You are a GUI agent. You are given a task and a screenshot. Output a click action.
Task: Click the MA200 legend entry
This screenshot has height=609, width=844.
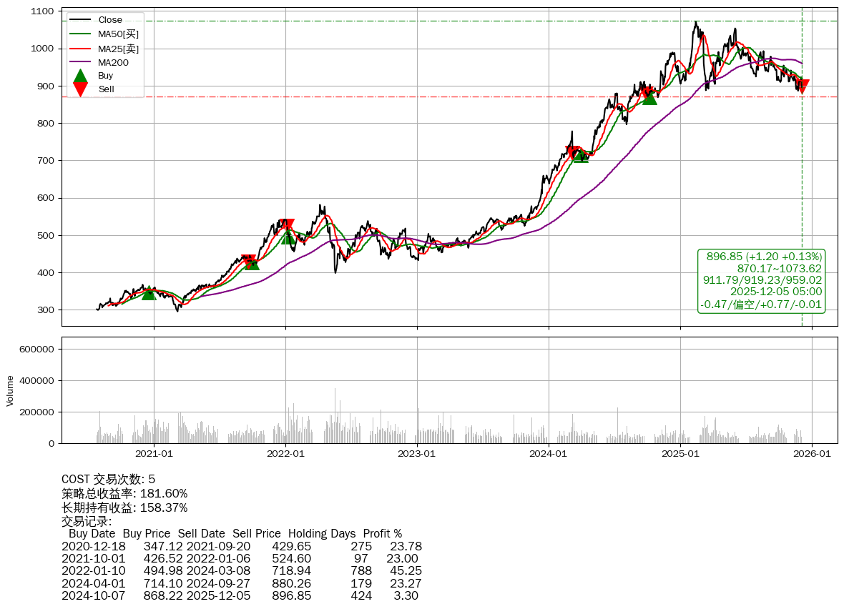pyautogui.click(x=113, y=62)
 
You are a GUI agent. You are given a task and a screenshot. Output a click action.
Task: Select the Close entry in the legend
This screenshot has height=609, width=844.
pyautogui.click(x=110, y=19)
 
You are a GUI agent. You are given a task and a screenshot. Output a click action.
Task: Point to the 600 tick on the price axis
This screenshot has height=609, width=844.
pyautogui.click(x=45, y=198)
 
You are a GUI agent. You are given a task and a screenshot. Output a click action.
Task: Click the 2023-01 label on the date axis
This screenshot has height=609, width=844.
pyautogui.click(x=417, y=452)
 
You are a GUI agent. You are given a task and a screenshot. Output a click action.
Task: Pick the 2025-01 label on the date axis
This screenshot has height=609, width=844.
pyautogui.click(x=680, y=452)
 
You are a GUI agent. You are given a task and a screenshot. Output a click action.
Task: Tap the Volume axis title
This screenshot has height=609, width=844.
pyautogui.click(x=10, y=390)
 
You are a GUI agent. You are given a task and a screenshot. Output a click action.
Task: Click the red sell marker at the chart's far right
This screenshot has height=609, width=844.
pyautogui.click(x=802, y=86)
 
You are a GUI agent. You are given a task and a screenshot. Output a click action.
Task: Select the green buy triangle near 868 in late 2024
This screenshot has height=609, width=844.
pyautogui.click(x=649, y=96)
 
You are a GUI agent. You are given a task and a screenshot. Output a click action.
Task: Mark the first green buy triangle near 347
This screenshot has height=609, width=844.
pyautogui.click(x=149, y=292)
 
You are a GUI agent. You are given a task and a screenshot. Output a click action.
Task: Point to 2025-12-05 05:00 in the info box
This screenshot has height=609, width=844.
pyautogui.click(x=775, y=292)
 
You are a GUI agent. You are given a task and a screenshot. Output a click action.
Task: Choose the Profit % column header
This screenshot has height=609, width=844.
pyautogui.click(x=382, y=533)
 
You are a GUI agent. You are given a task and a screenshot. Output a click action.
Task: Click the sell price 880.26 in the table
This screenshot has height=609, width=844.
pyautogui.click(x=291, y=583)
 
